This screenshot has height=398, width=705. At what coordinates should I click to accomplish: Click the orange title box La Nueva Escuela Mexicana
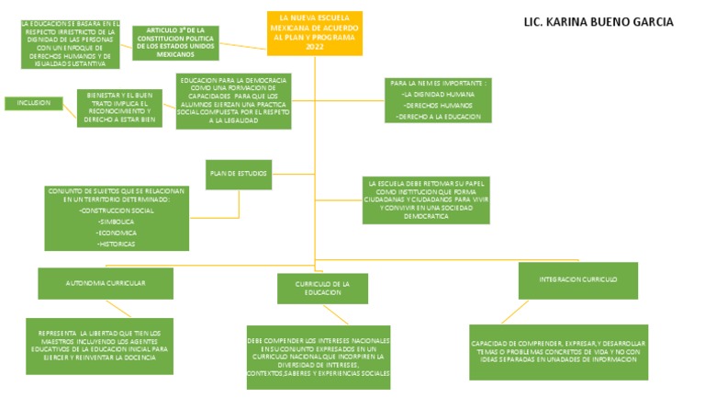point(315,33)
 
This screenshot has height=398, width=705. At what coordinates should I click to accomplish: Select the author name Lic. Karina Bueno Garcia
point(598,22)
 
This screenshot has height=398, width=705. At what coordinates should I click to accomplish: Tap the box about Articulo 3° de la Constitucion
point(175,42)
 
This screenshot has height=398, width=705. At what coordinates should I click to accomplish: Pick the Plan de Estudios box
point(238,173)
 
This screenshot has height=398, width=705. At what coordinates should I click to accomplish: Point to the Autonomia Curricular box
point(106,283)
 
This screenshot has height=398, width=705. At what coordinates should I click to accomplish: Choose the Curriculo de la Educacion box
point(322,288)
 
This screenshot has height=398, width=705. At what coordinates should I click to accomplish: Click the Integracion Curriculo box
point(577,279)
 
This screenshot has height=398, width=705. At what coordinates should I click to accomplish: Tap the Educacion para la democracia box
point(233,99)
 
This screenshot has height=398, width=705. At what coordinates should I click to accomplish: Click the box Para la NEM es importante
point(436,100)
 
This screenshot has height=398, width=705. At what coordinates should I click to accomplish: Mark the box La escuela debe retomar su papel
point(424,199)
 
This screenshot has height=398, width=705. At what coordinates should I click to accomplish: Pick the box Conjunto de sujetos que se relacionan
point(117,218)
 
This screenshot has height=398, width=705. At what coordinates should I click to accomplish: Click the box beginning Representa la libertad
point(97,345)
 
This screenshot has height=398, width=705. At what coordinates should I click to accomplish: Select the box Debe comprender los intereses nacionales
point(318,357)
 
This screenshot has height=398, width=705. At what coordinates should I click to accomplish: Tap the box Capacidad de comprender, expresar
point(558,351)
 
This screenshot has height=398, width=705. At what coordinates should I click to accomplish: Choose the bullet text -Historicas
point(116,244)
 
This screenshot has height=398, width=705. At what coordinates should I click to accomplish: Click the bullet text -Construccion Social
point(117,210)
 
